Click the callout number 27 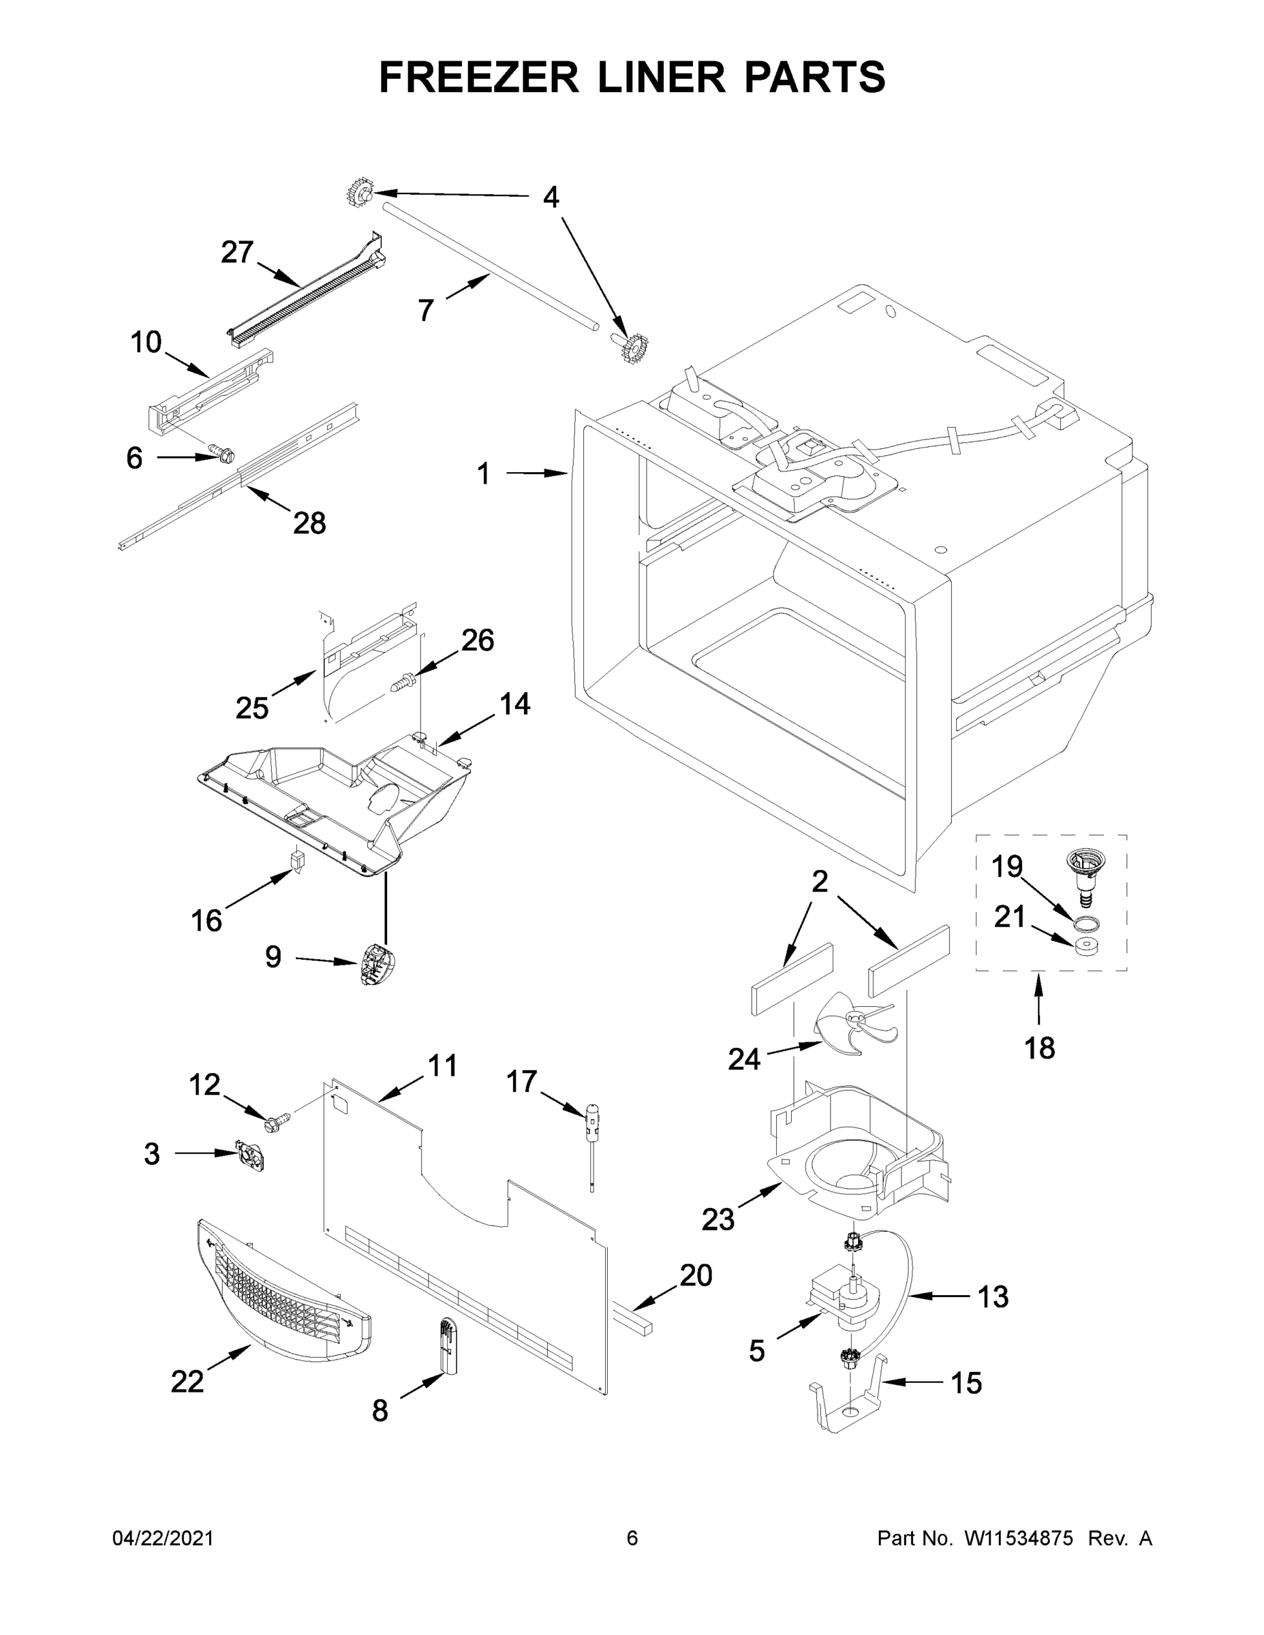[x=237, y=252]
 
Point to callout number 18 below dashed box [x=1040, y=1048]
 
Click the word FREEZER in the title [x=479, y=77]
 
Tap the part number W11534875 [x=1019, y=1538]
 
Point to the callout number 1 [x=484, y=473]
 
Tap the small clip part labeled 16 [x=297, y=861]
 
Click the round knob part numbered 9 [x=377, y=967]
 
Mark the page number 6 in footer [x=632, y=1538]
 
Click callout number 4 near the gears [x=551, y=198]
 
